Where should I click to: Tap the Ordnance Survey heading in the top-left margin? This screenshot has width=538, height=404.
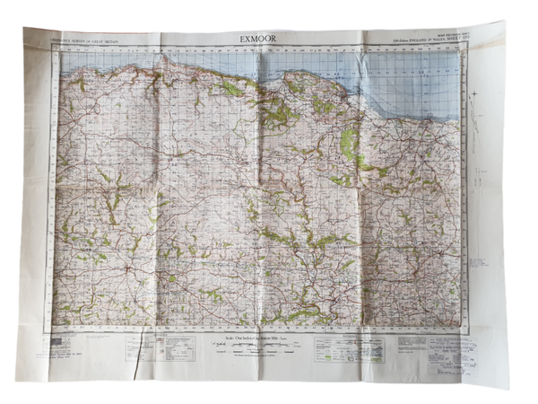click(88, 41)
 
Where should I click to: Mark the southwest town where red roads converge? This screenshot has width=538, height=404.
click(131, 268)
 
